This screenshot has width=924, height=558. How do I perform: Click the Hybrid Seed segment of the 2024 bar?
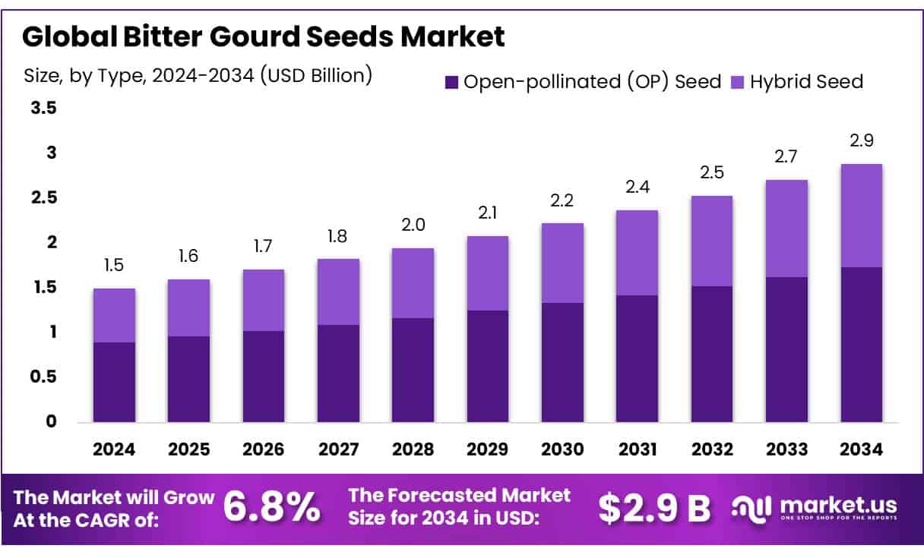(114, 315)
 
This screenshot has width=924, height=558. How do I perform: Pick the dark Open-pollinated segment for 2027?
(338, 373)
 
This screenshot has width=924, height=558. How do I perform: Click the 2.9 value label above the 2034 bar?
(862, 140)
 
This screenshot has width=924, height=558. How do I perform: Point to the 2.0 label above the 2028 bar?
(413, 225)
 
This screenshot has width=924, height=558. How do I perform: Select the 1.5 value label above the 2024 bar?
(114, 265)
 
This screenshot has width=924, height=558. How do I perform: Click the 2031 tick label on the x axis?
(637, 449)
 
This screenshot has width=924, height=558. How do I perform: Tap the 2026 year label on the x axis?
(264, 449)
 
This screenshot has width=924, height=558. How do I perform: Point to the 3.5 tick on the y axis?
(43, 109)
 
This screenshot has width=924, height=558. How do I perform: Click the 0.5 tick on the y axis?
(43, 377)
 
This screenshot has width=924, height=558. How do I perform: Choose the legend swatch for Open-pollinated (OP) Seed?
(451, 81)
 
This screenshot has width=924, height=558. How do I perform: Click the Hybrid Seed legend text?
(806, 81)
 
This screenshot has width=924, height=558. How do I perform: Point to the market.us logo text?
(837, 506)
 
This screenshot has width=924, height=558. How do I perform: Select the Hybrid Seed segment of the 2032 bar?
(712, 241)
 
